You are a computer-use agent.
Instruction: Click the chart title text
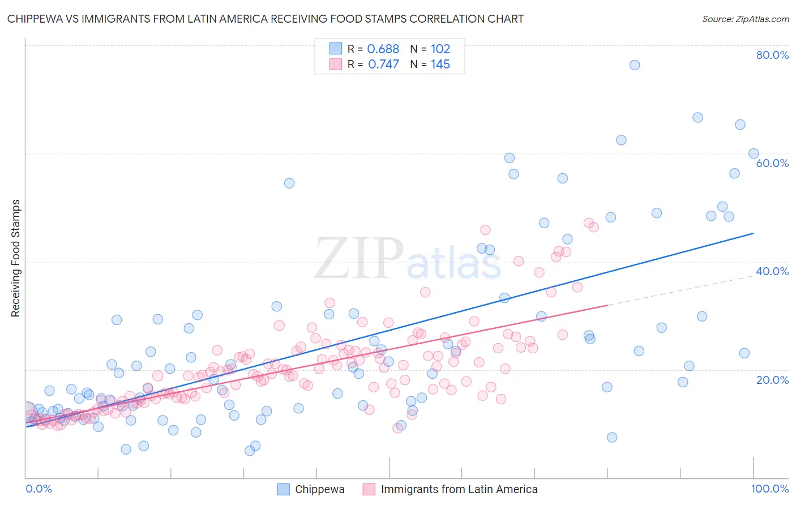[265, 19]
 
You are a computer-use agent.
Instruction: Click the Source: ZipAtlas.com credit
[745, 19]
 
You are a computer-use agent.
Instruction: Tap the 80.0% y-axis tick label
[772, 55]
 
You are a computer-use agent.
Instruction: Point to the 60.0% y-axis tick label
[772, 163]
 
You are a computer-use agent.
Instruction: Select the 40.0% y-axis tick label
[772, 271]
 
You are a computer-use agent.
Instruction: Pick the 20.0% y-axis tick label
[772, 380]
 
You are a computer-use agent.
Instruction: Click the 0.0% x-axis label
[38, 489]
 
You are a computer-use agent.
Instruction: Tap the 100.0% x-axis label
[769, 489]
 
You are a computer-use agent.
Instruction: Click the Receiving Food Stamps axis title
[16, 258]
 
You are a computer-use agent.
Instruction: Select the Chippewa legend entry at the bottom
[319, 489]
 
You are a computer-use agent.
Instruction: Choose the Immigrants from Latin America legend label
[459, 489]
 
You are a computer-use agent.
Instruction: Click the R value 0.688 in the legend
[383, 49]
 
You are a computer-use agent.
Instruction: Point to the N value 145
[440, 65]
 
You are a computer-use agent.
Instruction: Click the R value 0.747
[383, 65]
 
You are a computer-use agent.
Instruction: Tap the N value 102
[440, 49]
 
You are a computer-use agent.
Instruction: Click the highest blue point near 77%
[635, 65]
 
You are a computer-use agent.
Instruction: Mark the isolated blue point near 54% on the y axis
[289, 183]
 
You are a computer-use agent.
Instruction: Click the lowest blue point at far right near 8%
[612, 437]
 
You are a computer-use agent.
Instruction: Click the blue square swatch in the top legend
[336, 49]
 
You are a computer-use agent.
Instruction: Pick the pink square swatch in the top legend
[336, 65]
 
